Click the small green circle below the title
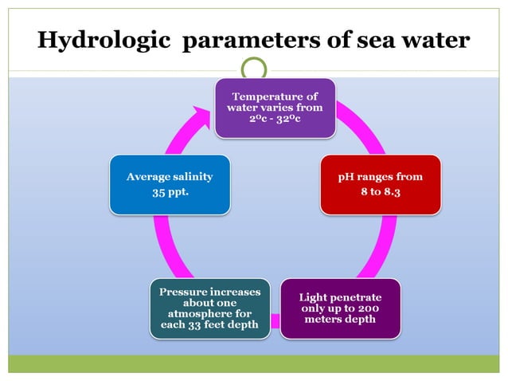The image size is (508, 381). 254,69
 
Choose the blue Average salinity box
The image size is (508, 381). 170,185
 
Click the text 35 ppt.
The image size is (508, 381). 170,192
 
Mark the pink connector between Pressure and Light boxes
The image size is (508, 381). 274,321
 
